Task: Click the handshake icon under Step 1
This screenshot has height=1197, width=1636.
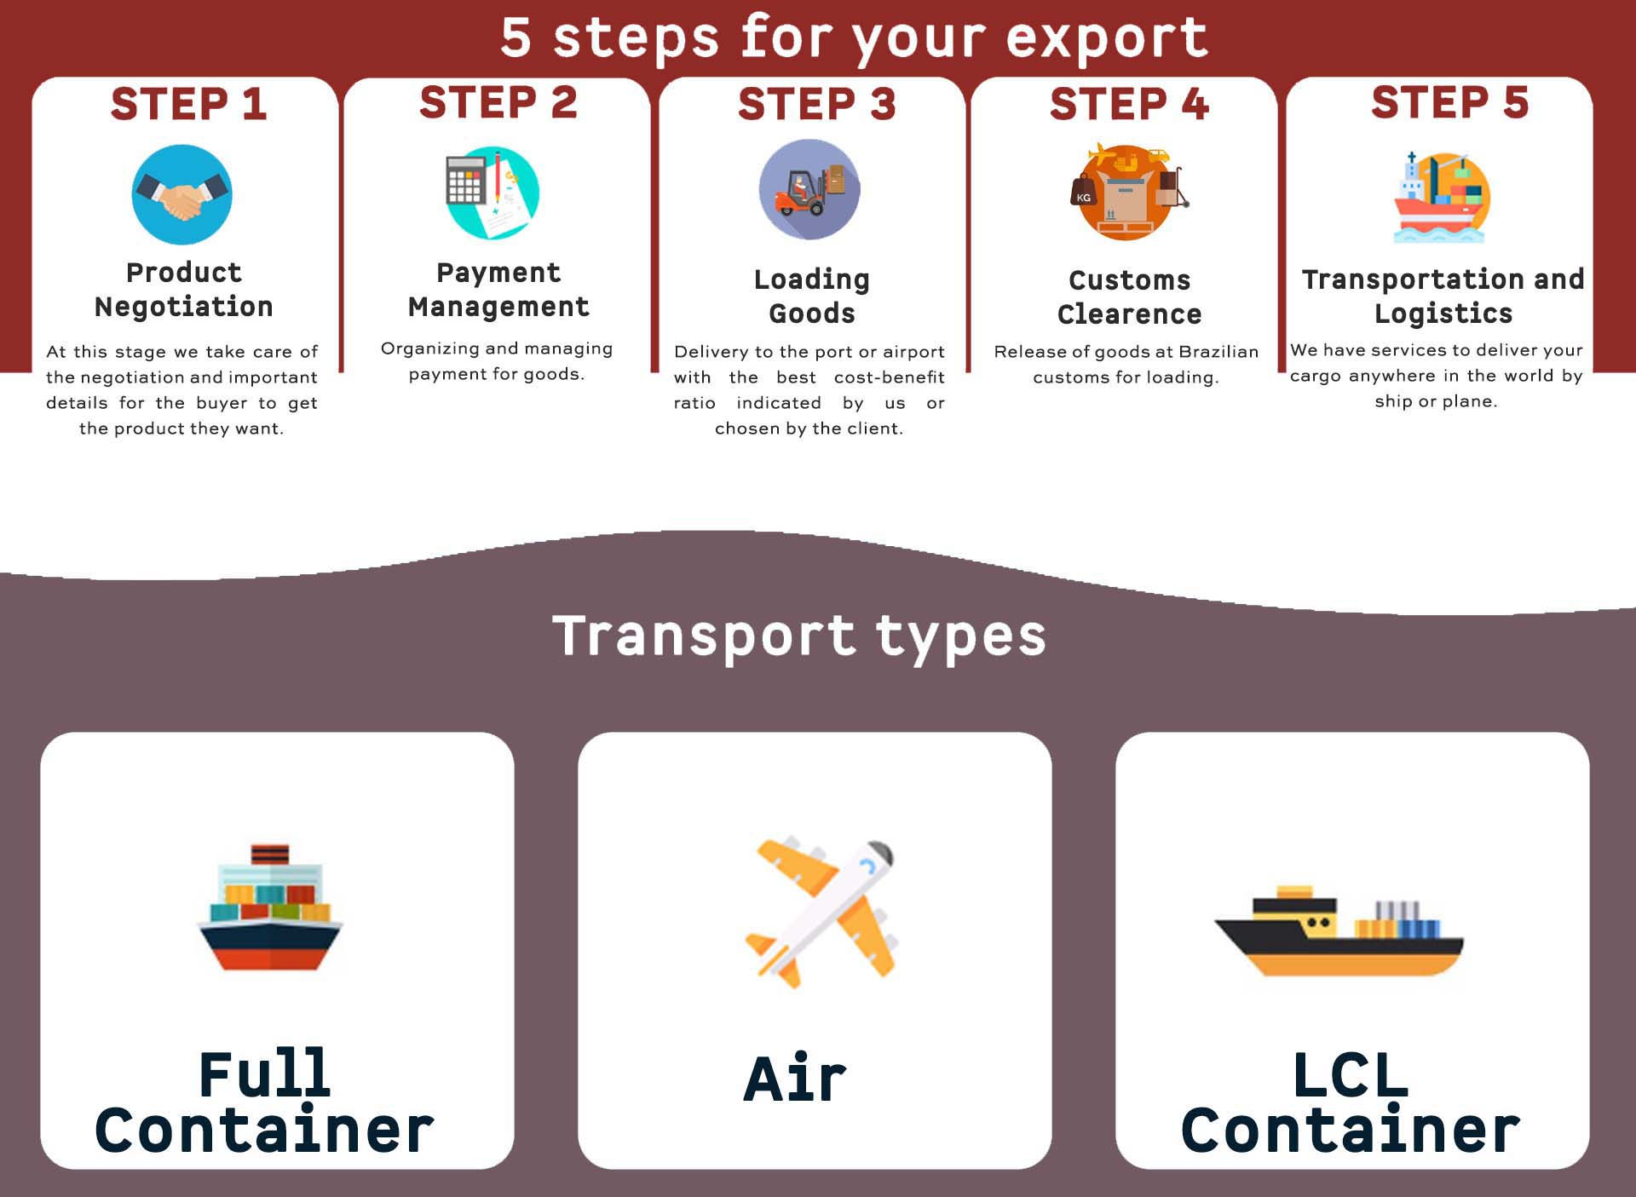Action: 181,195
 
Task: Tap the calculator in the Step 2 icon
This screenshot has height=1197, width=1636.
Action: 464,180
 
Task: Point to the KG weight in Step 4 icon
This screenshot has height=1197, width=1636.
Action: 1083,193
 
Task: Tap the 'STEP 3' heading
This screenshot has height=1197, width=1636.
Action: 816,104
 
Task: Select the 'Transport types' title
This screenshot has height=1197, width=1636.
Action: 799,636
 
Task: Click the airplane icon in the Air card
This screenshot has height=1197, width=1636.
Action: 820,912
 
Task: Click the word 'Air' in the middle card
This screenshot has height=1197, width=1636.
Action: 795,1079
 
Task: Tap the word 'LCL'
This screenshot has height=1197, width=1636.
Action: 1350,1075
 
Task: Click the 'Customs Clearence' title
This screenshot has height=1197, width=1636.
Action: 1129,296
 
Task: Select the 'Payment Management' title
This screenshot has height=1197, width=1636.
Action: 498,290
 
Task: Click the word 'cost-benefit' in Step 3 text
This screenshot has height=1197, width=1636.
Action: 889,377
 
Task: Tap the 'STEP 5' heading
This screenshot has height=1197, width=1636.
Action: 1449,102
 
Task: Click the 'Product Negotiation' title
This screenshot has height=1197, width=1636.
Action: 184,290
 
